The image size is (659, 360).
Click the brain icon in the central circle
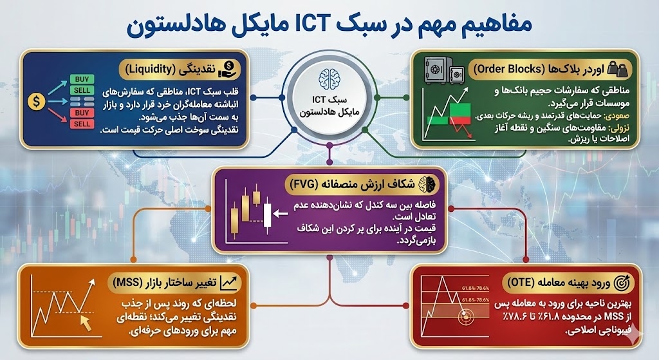(329, 79)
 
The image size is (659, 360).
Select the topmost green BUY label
(82, 79)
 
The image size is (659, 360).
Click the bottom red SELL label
(82, 123)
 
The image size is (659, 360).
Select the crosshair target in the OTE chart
(465, 317)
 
